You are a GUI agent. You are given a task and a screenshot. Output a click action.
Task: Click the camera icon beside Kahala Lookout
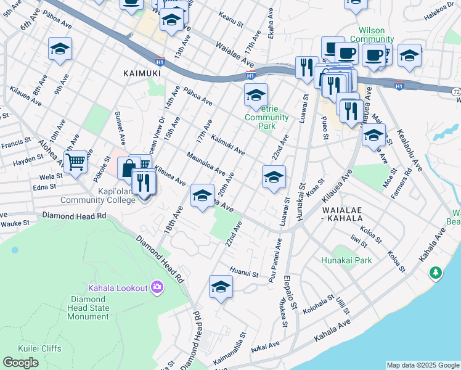pos(157,287)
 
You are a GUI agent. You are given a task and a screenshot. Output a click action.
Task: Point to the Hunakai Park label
pos(346,260)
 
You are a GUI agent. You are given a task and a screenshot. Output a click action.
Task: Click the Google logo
pos(20,362)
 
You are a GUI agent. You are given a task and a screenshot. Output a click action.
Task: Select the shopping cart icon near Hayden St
pos(75,163)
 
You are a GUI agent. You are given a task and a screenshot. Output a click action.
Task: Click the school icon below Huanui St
pos(221,287)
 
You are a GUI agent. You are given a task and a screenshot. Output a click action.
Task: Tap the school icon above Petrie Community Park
pos(256,95)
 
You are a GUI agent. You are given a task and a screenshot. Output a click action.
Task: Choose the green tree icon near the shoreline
pos(436,272)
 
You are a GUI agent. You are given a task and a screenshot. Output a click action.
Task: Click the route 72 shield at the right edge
pos(455,91)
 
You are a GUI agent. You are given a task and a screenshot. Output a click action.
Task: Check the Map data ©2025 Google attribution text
pos(423,365)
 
